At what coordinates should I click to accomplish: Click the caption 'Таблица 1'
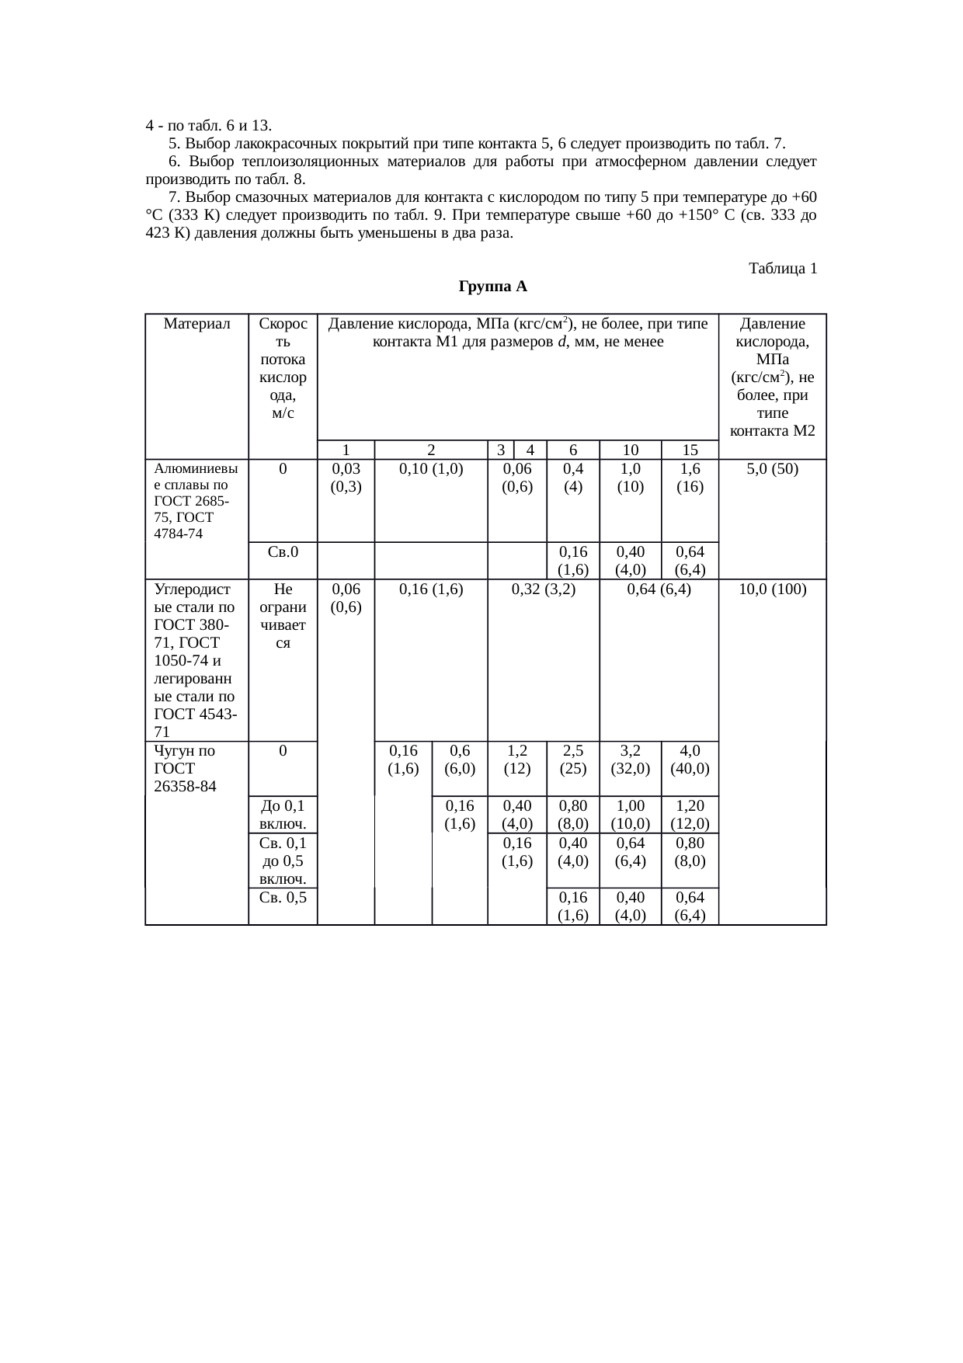tap(782, 269)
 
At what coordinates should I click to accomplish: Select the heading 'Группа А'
tap(493, 287)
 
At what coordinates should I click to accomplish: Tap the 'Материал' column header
tap(197, 324)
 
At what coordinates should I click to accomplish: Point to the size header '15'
tap(690, 450)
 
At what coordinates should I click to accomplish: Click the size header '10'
tap(630, 450)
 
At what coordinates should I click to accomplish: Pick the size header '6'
tap(573, 450)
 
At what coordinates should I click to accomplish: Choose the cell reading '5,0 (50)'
tap(773, 469)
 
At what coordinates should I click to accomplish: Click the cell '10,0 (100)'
tap(773, 589)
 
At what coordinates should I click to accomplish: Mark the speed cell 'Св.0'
tap(283, 551)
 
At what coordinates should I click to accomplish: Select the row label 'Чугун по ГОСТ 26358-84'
tap(186, 768)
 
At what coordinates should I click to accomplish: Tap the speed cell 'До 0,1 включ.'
tap(283, 814)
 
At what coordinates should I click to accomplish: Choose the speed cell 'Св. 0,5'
tap(283, 898)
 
